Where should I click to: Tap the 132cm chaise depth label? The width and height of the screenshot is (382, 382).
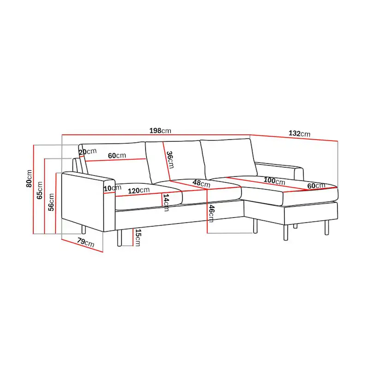(x=299, y=134)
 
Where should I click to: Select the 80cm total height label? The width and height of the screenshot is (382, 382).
(x=30, y=179)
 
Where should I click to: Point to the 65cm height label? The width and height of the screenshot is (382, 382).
(x=40, y=190)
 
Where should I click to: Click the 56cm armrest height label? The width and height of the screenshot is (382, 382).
(x=51, y=202)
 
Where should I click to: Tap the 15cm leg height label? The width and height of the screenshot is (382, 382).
(x=138, y=237)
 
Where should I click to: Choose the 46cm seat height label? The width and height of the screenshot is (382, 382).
(x=212, y=213)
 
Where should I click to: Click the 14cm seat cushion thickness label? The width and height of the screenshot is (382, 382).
(x=166, y=203)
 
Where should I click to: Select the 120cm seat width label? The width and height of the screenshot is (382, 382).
(x=139, y=190)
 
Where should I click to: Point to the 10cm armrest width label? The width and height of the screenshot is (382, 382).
(x=109, y=188)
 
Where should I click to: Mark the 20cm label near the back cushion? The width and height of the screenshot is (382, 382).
(x=88, y=152)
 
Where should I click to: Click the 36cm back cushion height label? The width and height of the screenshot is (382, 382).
(x=170, y=160)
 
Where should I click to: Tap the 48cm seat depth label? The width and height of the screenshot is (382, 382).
(x=201, y=183)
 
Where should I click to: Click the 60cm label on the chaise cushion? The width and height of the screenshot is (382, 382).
(x=316, y=185)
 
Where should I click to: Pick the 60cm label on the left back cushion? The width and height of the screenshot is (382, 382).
(x=117, y=155)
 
